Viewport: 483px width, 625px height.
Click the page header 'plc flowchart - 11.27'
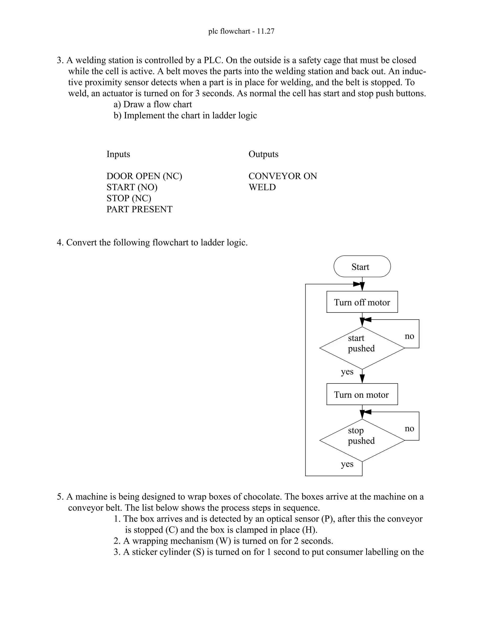pos(241,31)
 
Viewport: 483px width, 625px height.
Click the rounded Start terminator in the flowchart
pos(362,267)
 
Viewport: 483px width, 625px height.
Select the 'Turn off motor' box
pos(362,302)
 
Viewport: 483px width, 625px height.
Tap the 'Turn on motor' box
pos(362,394)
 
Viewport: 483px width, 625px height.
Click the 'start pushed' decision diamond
pos(362,348)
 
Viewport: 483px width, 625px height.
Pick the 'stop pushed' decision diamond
pos(362,440)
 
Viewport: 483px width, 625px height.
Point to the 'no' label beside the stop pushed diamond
pos(409,428)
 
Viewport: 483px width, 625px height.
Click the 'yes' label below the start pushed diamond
pos(347,372)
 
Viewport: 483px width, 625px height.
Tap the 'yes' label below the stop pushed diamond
pos(347,464)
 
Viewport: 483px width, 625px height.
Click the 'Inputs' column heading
pos(118,154)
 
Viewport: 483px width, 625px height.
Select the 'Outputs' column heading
pos(263,154)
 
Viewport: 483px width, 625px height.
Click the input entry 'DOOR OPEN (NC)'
pos(144,176)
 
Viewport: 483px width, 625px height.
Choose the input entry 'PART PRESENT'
pos(139,209)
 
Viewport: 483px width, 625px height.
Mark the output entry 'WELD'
pos(262,187)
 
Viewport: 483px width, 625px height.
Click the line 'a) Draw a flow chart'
pos(153,104)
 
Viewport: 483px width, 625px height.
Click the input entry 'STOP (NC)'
pos(129,198)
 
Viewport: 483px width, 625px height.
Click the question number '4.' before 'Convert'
pos(60,243)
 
